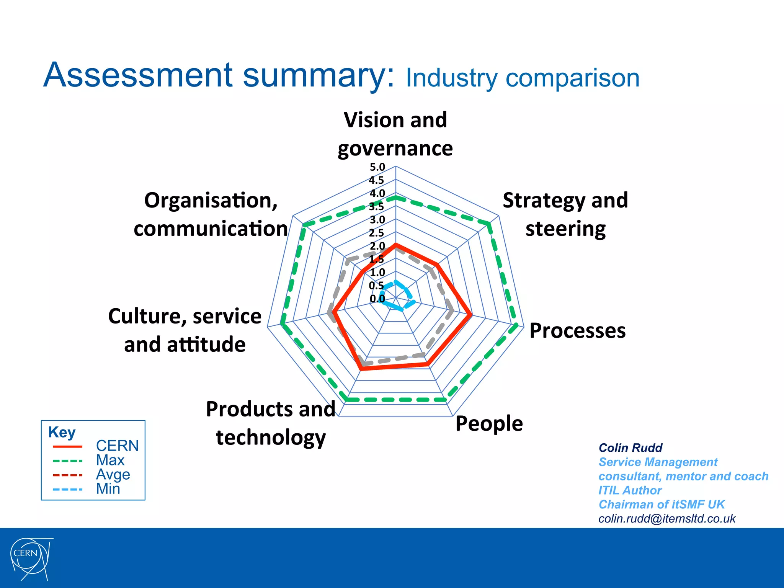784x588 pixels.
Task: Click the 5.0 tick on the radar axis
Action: [x=377, y=167]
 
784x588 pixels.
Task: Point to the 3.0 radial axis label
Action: [x=377, y=220]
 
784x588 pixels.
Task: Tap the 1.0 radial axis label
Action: [x=377, y=273]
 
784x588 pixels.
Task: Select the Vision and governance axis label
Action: [x=395, y=134]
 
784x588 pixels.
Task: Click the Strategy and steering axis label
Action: [x=565, y=214]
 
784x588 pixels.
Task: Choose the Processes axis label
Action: [x=577, y=331]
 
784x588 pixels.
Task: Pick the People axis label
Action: [x=489, y=424]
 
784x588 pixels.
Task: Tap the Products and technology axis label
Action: [x=271, y=423]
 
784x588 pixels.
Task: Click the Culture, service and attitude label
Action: [x=185, y=330]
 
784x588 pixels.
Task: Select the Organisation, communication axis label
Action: [x=211, y=214]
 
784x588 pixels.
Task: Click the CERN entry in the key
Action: [x=117, y=446]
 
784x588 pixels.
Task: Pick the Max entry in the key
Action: [x=110, y=460]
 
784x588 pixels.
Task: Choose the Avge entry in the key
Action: [x=113, y=475]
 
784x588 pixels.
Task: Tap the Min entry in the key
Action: [x=108, y=489]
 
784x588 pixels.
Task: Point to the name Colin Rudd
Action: [x=630, y=448]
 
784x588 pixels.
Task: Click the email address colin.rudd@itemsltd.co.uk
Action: [x=667, y=519]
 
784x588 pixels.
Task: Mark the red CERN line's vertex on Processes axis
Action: [x=470, y=315]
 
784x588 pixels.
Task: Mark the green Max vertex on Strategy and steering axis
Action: [x=490, y=224]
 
